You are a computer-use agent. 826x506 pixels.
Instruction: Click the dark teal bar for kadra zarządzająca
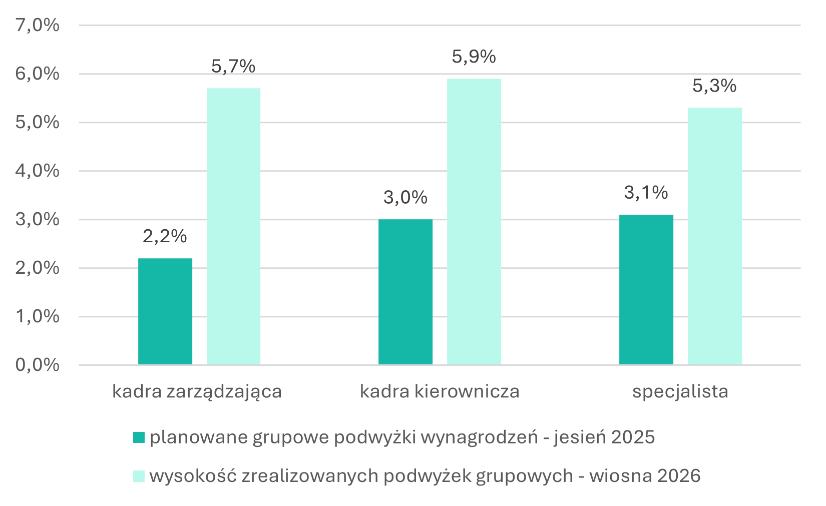[x=165, y=311]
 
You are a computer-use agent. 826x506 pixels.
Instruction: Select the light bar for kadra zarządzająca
[x=233, y=226]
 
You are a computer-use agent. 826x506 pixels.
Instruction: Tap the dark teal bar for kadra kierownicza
[x=405, y=292]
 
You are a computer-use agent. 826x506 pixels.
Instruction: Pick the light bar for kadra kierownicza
[x=474, y=222]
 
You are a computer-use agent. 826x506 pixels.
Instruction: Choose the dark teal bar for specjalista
[x=646, y=290]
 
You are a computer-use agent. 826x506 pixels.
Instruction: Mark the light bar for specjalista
[x=715, y=236]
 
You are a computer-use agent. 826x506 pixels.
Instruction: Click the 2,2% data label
[x=165, y=237]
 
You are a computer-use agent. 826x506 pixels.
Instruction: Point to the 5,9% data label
[x=474, y=57]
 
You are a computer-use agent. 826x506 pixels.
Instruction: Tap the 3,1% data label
[x=646, y=193]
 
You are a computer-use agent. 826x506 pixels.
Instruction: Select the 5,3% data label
[x=715, y=86]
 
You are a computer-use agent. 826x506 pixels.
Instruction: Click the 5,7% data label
[x=233, y=67]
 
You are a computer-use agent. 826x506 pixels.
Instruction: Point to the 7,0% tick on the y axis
[x=37, y=26]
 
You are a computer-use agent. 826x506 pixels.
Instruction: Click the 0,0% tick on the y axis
[x=37, y=365]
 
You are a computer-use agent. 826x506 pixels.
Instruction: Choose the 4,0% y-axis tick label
[x=37, y=171]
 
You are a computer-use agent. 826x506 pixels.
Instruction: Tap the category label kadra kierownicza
[x=440, y=391]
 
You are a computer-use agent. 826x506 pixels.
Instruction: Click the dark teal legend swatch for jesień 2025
[x=139, y=437]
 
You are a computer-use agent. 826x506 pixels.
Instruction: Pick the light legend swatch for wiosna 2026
[x=139, y=476]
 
